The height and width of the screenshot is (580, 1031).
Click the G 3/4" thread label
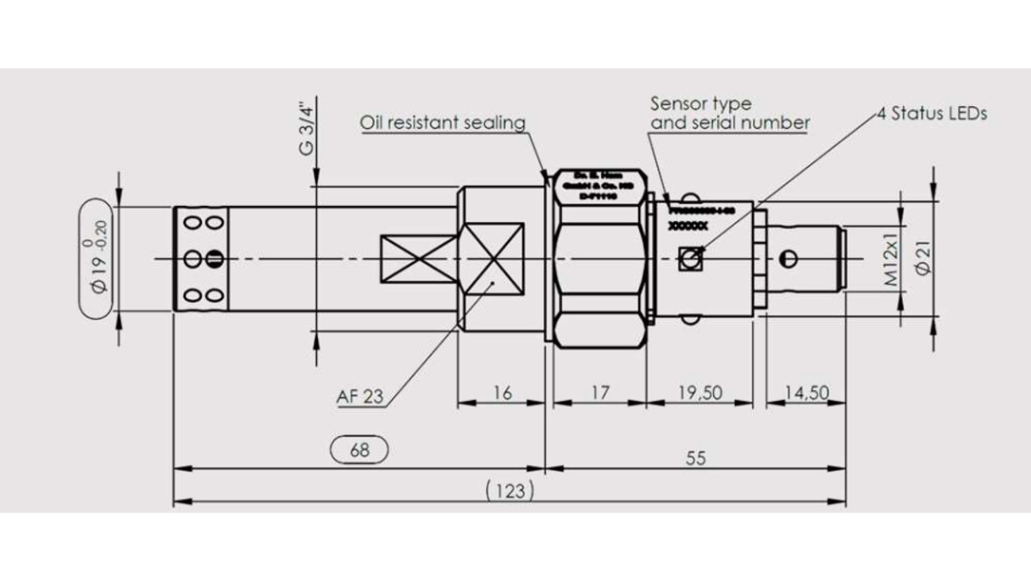tap(308, 128)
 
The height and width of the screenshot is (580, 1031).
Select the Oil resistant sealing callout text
tap(443, 123)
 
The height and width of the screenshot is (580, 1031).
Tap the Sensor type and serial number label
tap(729, 114)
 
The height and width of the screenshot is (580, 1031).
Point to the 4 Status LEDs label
tap(933, 114)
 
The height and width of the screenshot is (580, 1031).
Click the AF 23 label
tap(359, 396)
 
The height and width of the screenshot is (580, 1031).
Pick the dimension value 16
tap(503, 393)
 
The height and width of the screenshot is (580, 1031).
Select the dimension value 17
tap(599, 393)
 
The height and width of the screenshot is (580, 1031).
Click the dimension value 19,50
tap(699, 393)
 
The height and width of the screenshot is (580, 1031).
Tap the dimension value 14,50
tap(805, 393)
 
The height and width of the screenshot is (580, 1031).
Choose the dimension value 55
tap(695, 458)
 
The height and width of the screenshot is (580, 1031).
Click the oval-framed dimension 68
tap(359, 450)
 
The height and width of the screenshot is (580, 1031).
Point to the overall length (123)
tap(510, 490)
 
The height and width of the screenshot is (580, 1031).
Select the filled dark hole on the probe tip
tap(214, 258)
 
